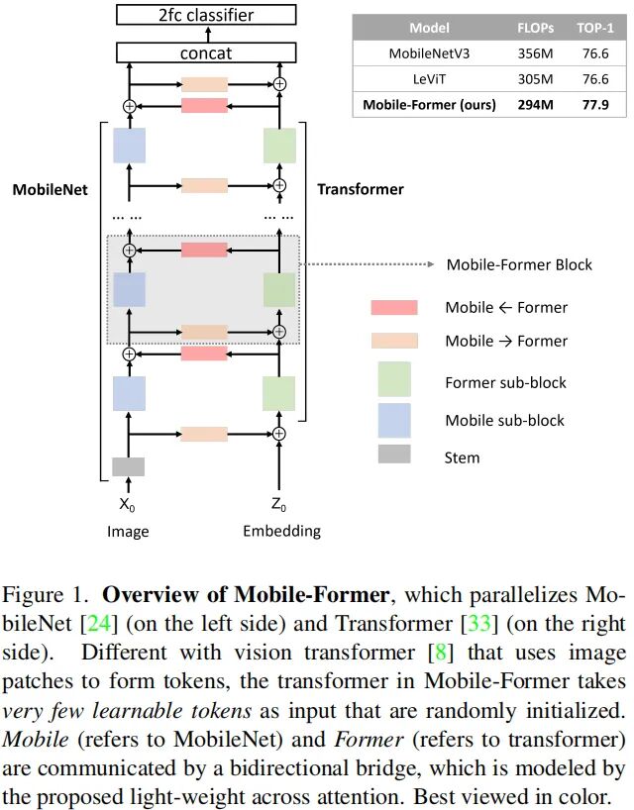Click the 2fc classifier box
click(205, 14)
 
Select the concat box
click(205, 52)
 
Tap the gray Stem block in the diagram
click(128, 466)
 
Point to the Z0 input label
click(280, 504)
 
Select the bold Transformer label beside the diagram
click(360, 188)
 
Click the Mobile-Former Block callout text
click(519, 264)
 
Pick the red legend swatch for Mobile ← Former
click(394, 308)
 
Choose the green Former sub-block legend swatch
click(394, 379)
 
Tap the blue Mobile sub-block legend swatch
click(394, 420)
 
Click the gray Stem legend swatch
click(394, 456)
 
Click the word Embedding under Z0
click(281, 532)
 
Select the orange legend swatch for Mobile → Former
click(394, 341)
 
